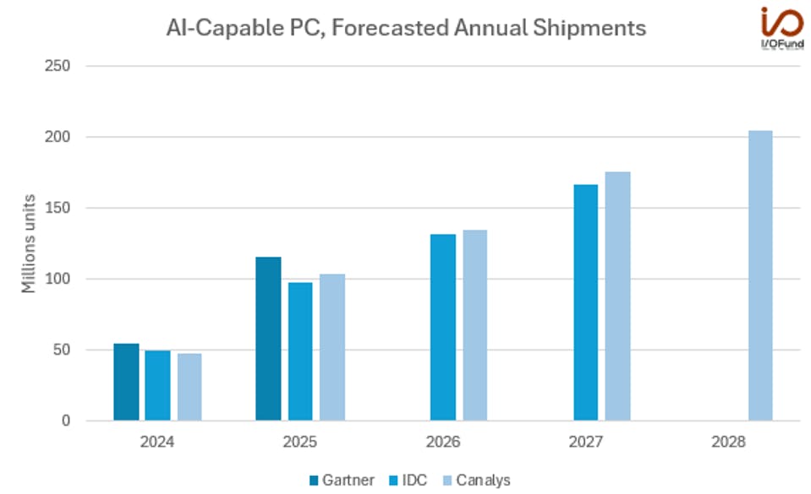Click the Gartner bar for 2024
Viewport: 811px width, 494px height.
click(126, 382)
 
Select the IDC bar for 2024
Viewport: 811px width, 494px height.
click(157, 385)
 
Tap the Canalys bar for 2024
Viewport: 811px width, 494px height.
click(189, 387)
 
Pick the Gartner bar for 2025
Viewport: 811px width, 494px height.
click(268, 339)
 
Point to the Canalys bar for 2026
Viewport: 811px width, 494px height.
click(474, 325)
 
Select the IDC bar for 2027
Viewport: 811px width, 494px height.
click(585, 302)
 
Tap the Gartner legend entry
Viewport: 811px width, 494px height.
click(342, 480)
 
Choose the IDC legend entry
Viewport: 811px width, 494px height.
click(410, 480)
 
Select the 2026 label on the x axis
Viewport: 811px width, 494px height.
click(443, 441)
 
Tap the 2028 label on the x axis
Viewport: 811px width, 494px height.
click(728, 441)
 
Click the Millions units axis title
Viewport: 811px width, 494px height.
click(29, 243)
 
